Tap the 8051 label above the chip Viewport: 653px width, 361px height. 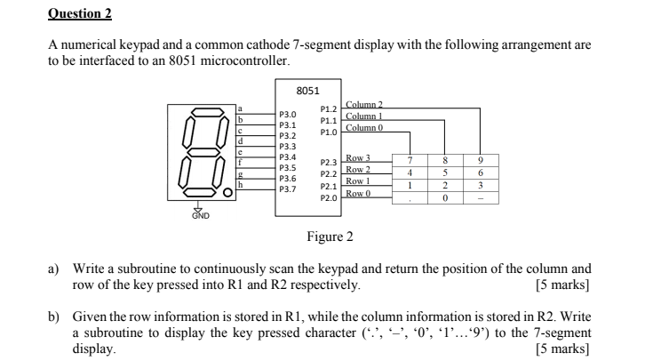pyautogui.click(x=307, y=90)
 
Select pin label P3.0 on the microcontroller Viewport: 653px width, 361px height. pyautogui.click(x=288, y=115)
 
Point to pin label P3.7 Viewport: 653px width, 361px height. pyautogui.click(x=288, y=189)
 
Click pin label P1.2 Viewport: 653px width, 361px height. pyautogui.click(x=328, y=109)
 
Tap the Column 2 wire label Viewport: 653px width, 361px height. pyautogui.click(x=363, y=105)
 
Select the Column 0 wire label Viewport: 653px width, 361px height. pyautogui.click(x=363, y=128)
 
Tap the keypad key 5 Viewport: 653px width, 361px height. pyautogui.click(x=444, y=173)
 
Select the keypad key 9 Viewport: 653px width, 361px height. pyautogui.click(x=480, y=161)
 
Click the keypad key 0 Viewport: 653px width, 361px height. pyautogui.click(x=444, y=199)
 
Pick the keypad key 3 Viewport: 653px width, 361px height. pyautogui.click(x=480, y=187)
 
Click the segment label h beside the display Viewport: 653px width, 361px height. pyautogui.click(x=239, y=185)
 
